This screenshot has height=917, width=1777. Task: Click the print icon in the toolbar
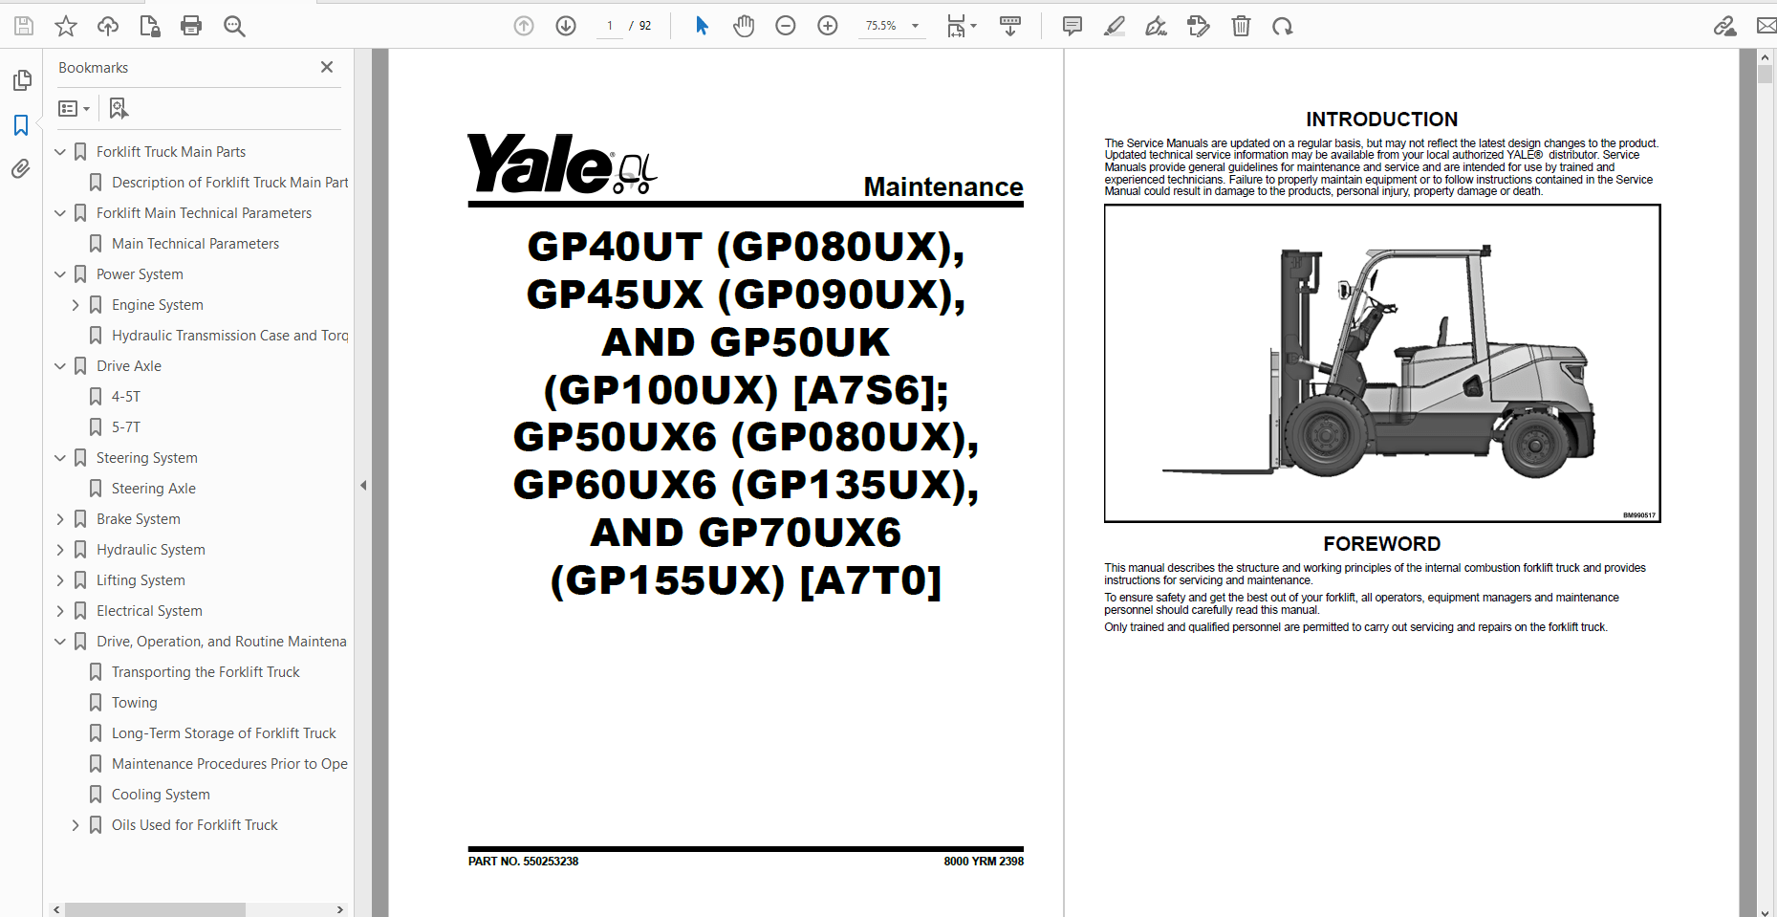[x=191, y=26]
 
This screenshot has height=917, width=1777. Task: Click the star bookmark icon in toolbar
[x=66, y=26]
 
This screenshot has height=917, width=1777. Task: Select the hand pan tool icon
[x=744, y=26]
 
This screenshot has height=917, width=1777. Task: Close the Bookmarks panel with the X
[x=327, y=67]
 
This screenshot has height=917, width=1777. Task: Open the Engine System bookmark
[x=157, y=305]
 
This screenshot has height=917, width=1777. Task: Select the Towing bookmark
[x=134, y=703]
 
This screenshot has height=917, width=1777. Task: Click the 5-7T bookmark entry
[x=125, y=427]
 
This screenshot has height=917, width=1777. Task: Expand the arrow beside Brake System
[x=60, y=519]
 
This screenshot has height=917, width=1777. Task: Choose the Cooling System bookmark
[x=161, y=795]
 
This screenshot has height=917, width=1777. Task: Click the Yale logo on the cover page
[x=540, y=164]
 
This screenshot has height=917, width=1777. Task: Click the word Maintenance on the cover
[x=943, y=187]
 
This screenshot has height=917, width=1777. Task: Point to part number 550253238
[x=523, y=862]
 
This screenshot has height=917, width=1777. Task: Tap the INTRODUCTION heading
[x=1381, y=120]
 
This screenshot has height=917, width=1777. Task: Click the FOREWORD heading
[x=1381, y=544]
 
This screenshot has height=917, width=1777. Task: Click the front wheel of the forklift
[x=1326, y=436]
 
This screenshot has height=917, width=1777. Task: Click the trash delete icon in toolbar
[x=1241, y=26]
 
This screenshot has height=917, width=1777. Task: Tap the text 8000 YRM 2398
[x=983, y=862]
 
